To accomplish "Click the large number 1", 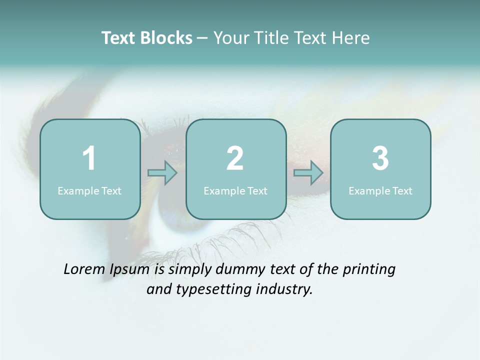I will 89,158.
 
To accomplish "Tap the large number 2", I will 235,158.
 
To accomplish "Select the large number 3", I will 380,158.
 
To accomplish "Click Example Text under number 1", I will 89,190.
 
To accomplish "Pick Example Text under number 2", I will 235,190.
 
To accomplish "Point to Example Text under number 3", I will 380,190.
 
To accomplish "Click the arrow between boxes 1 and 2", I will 162,173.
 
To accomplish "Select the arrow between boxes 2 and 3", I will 308,173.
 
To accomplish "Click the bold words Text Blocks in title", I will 147,38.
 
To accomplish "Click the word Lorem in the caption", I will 84,269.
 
